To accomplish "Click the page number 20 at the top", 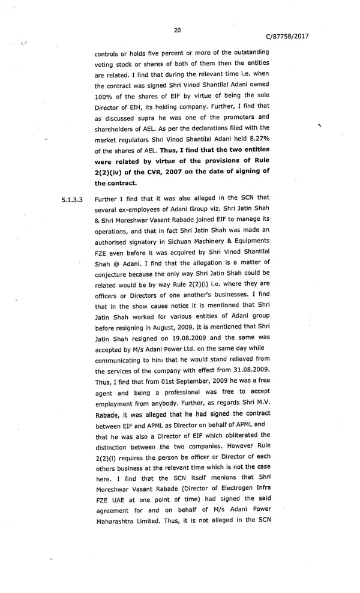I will (x=177, y=30).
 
